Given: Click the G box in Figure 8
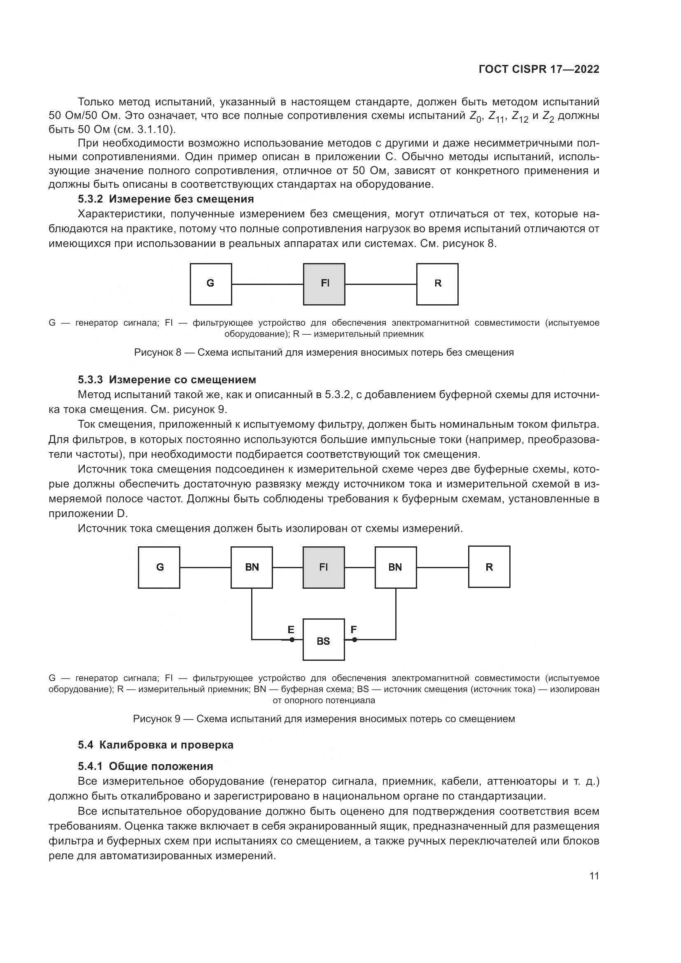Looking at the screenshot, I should (210, 284).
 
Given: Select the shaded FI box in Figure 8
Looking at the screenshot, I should (324, 284).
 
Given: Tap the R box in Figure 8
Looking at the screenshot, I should (437, 284).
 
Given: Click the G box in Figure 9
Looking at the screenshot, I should (159, 567).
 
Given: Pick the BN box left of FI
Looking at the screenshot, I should (252, 567).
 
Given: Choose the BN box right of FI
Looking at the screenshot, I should (395, 567).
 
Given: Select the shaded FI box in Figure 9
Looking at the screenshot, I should (324, 567).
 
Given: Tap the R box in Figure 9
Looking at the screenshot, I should (489, 567).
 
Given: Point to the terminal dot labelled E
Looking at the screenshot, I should (292, 640).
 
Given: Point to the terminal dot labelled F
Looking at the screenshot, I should (354, 640).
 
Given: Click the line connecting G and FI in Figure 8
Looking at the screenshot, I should (268, 284).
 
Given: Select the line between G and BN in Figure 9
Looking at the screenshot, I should (205, 567).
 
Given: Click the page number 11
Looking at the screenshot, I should (594, 876).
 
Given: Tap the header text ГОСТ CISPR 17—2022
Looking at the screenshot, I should (539, 69).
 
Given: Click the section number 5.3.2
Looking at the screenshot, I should (90, 199).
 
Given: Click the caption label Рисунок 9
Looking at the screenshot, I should (156, 718).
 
